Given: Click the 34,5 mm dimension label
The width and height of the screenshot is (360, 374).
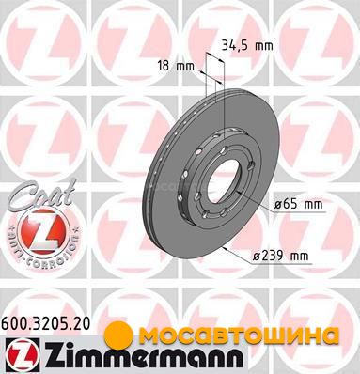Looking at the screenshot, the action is coord(247,46).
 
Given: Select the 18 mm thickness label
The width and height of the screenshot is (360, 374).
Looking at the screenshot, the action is coord(177,66).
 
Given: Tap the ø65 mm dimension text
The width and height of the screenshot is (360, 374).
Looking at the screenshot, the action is coord(298,205).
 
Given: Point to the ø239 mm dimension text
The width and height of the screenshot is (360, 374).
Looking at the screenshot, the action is coord(281,256).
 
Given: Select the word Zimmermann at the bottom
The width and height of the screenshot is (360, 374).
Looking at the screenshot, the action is coord(142,355).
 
